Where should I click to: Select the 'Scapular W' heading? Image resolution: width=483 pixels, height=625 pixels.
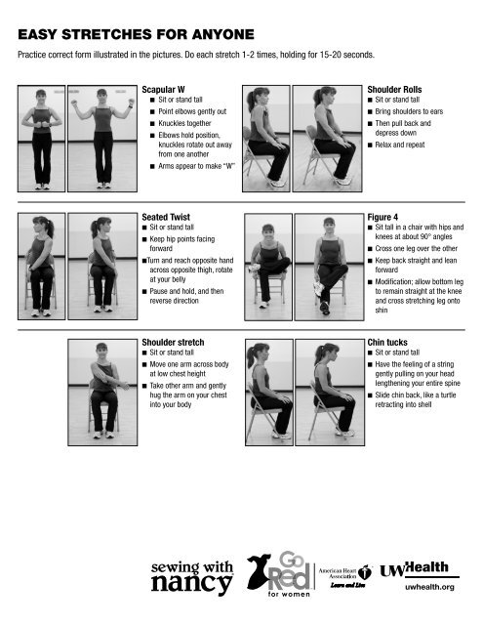[x=163, y=89]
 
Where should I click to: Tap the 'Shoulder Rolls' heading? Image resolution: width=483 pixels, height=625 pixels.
[x=395, y=89]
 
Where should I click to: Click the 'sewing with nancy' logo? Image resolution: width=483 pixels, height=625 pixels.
[x=190, y=576]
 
